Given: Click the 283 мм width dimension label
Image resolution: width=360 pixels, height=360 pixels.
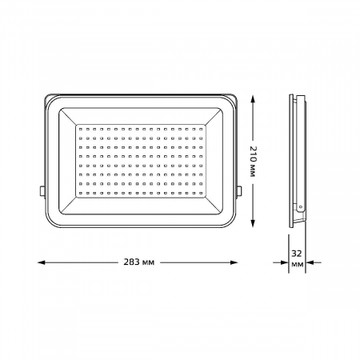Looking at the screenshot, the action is pos(139,262).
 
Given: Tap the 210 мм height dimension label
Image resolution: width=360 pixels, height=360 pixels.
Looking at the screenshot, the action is pos(253,162).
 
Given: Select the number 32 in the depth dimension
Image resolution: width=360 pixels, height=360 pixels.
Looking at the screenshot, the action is pos(297,254).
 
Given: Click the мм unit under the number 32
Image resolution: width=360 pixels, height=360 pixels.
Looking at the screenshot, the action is pos(298,265).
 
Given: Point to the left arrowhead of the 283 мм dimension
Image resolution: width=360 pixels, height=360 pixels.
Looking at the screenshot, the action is pos(42,262).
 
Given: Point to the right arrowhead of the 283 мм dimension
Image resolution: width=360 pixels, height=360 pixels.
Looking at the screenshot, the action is pos(234,262).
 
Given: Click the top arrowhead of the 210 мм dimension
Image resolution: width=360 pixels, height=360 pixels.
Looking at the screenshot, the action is pos(253,100).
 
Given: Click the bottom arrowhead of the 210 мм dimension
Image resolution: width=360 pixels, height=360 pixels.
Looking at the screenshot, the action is pos(253,223).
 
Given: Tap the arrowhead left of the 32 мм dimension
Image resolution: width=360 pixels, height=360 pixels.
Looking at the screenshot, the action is pos(285,262).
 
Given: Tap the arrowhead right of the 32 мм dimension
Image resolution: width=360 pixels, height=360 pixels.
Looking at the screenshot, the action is pos(310,262).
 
